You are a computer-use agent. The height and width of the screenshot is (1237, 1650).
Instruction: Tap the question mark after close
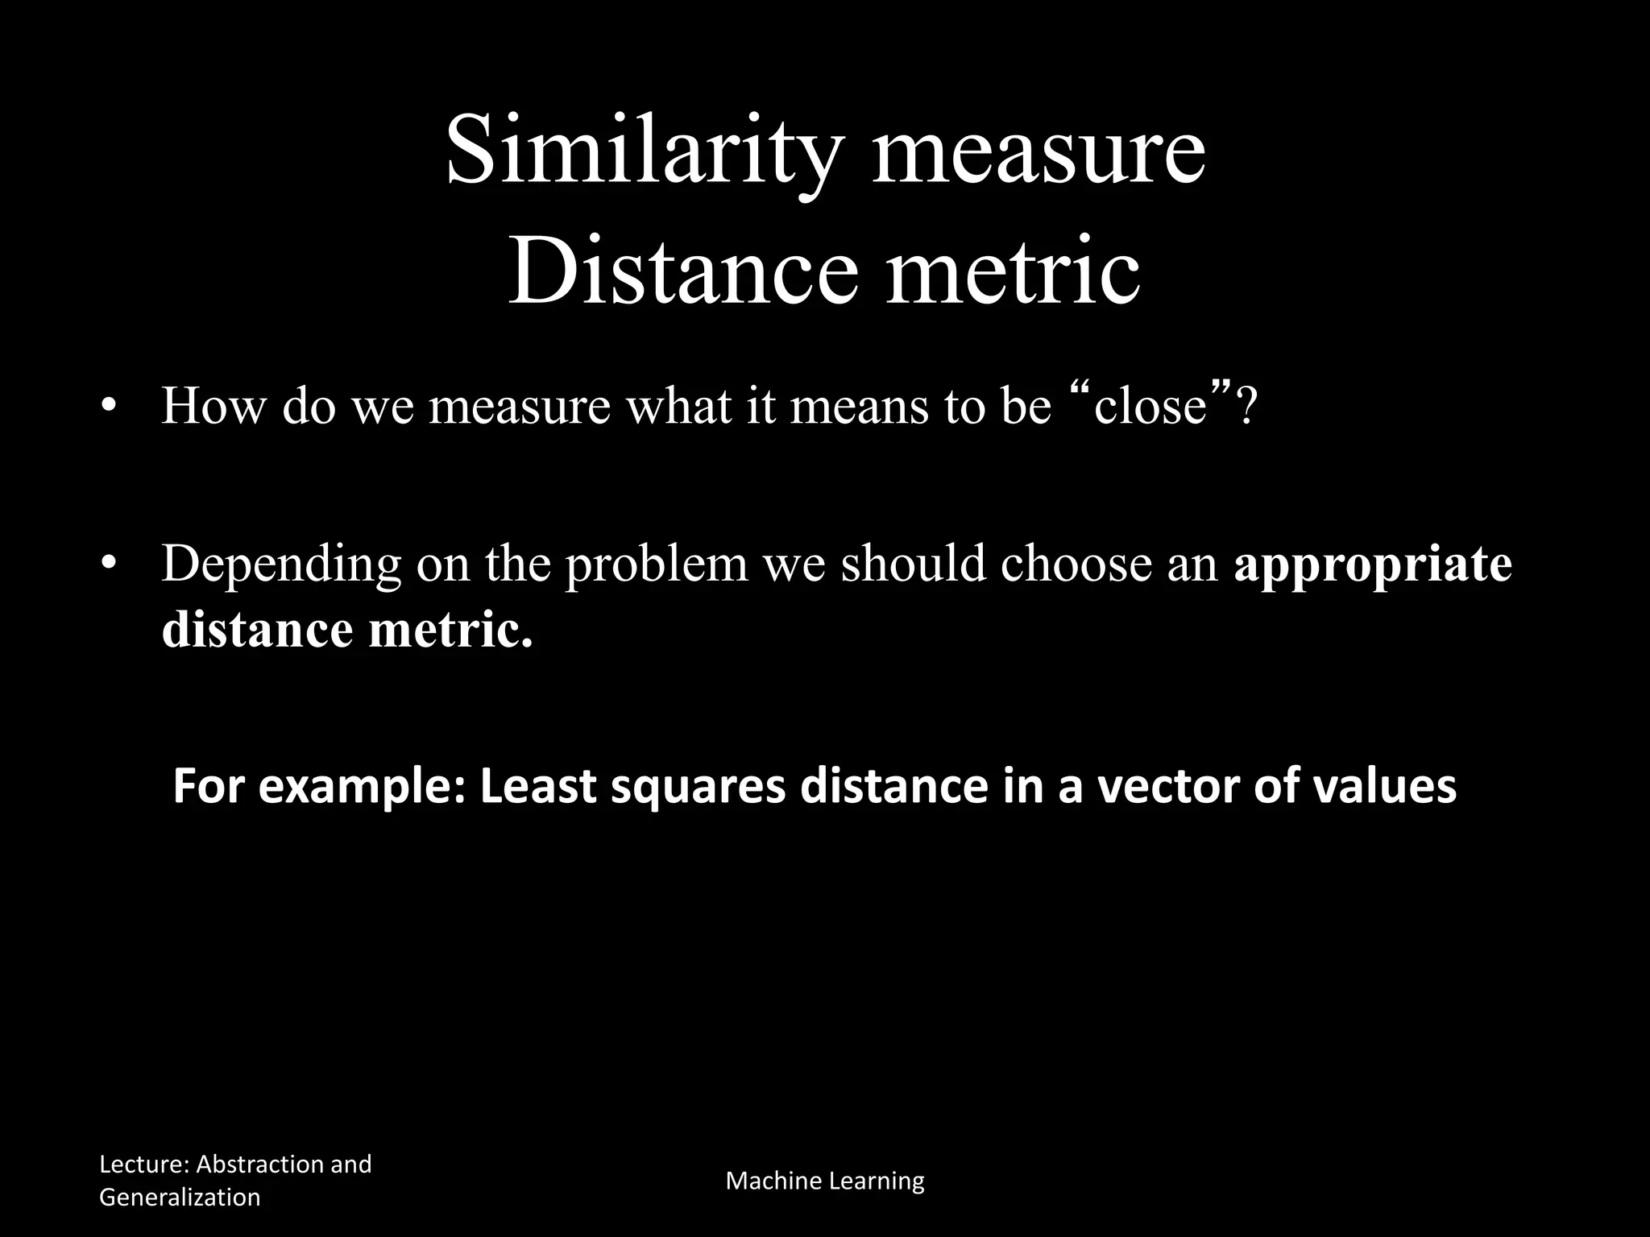(x=1245, y=406)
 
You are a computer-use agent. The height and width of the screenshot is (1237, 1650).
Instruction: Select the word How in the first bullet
(x=213, y=406)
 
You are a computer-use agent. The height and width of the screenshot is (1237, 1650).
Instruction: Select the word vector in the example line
(x=1174, y=787)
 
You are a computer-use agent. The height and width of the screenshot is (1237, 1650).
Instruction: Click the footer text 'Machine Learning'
(x=825, y=1181)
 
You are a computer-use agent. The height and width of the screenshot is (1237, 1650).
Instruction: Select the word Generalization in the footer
(x=180, y=1197)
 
